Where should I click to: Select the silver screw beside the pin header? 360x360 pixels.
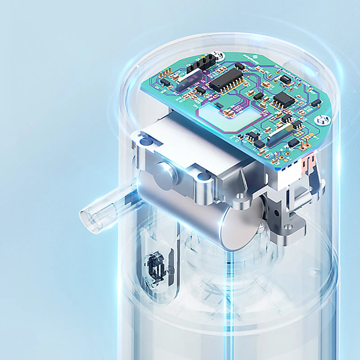pos(219,56)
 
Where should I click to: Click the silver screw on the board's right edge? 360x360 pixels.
pos(322,120)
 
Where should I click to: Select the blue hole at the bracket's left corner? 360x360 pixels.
pos(144,142)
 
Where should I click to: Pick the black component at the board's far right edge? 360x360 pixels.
pos(316,103)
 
